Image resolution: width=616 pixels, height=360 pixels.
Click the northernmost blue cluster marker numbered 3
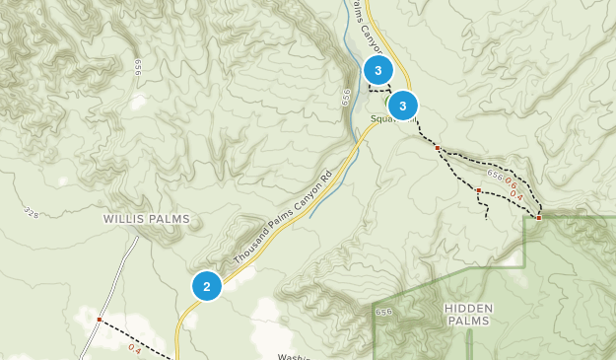click(378, 71)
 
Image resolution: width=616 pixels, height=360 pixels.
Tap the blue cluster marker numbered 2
click(207, 287)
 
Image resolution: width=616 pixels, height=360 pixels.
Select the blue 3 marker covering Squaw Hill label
click(403, 106)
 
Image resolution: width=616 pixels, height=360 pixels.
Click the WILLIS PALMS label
click(147, 219)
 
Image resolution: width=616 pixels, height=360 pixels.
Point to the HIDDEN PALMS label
click(468, 314)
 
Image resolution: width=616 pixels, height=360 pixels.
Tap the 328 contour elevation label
click(29, 212)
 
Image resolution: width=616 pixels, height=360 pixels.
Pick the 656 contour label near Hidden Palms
click(383, 313)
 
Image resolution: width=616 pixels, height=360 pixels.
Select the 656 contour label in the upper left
click(134, 65)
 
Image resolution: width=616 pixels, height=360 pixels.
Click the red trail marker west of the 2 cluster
click(100, 320)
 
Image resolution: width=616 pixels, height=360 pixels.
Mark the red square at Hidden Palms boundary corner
click(539, 218)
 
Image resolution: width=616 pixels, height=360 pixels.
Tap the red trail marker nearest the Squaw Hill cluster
click(437, 148)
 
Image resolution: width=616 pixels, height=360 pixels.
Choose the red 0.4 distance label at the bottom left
click(135, 348)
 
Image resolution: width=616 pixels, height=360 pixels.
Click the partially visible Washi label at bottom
click(294, 356)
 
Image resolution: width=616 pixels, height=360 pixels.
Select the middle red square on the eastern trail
click(478, 190)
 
